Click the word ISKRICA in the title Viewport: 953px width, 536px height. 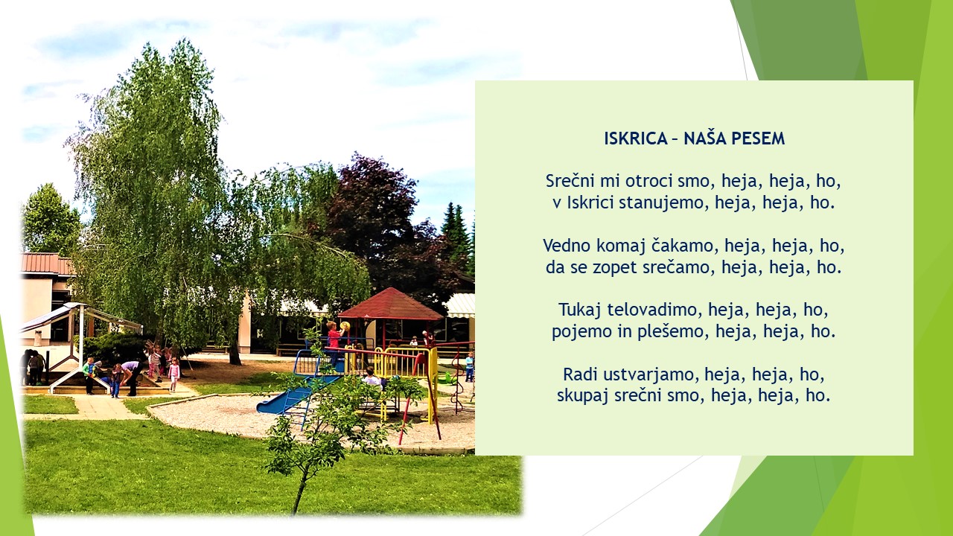tap(636, 138)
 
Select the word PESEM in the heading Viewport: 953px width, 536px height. tap(758, 138)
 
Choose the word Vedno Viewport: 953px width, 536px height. tap(567, 246)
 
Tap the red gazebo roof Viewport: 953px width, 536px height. tap(391, 304)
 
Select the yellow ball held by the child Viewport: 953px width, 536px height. tap(345, 327)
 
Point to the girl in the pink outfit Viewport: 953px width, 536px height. tap(173, 374)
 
